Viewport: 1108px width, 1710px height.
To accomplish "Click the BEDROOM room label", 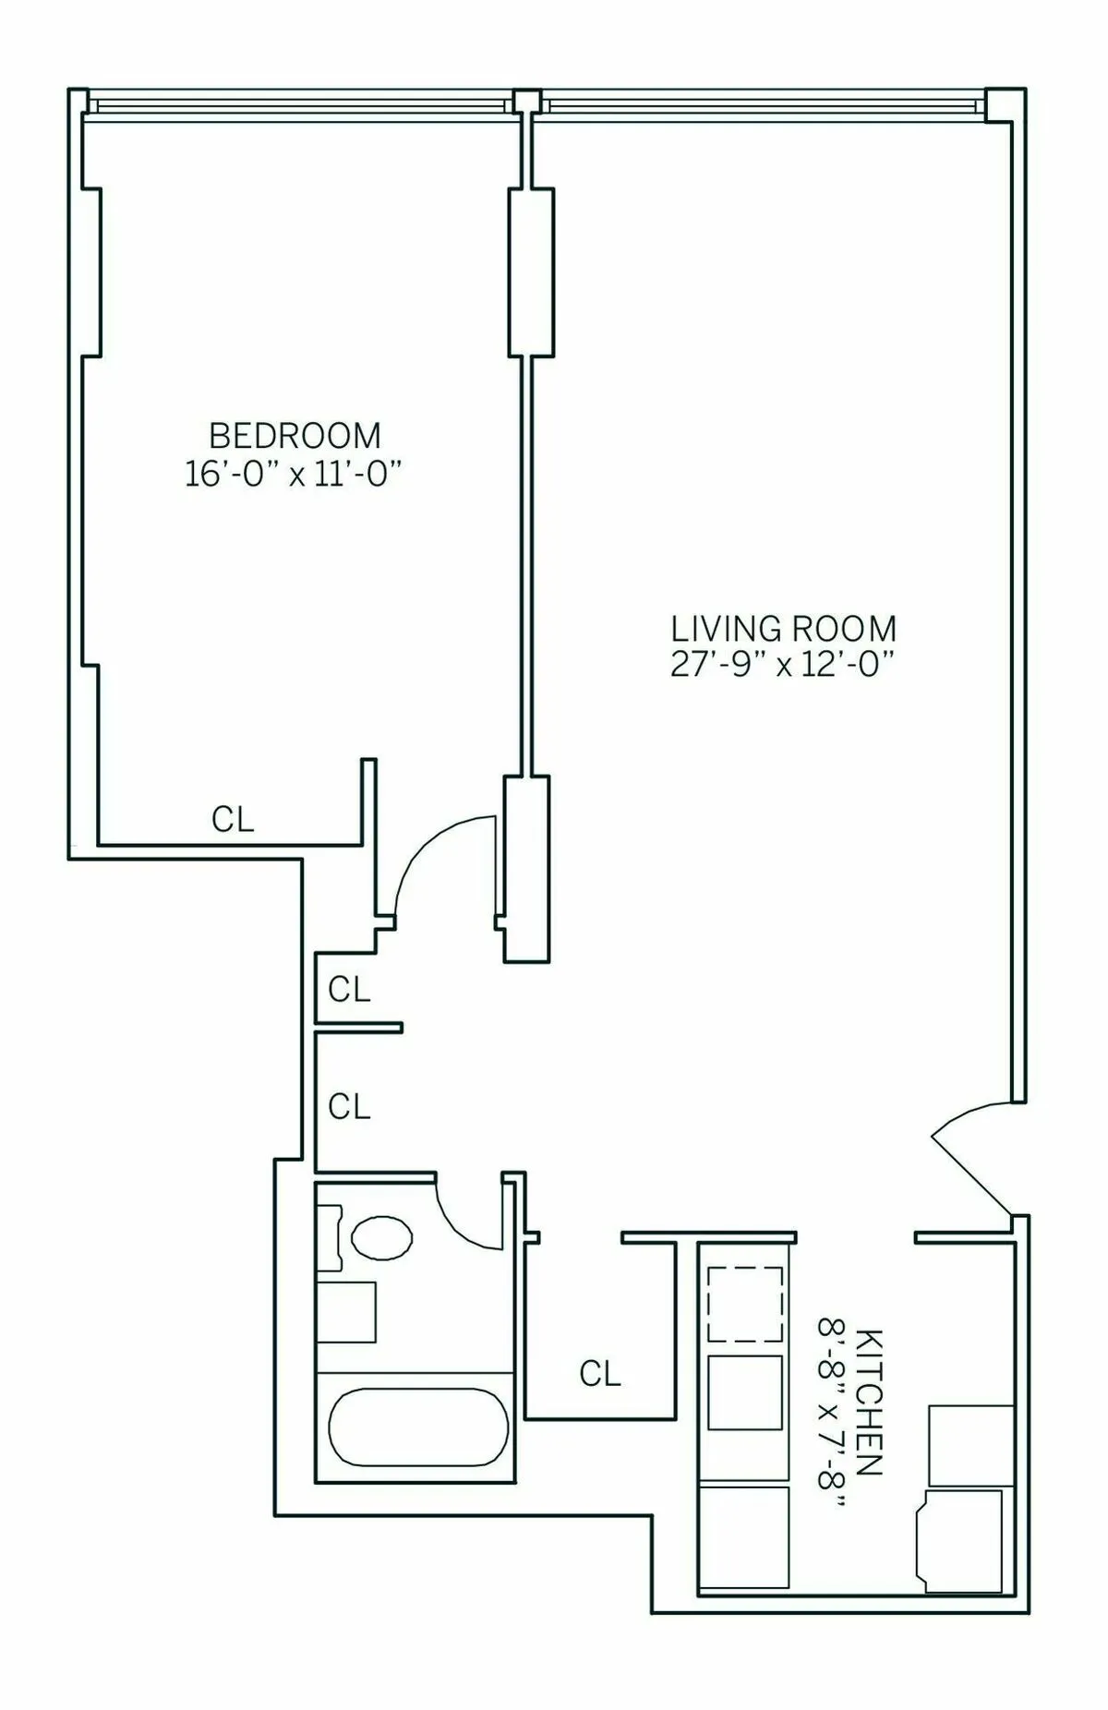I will (295, 435).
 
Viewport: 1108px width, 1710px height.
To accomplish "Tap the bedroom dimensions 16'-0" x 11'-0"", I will (295, 475).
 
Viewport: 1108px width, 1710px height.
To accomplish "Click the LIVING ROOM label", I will (783, 629).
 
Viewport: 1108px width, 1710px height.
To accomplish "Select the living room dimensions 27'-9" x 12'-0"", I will (783, 665).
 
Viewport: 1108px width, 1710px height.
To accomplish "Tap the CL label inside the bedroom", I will (233, 819).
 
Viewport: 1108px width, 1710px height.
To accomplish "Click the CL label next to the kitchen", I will (600, 1374).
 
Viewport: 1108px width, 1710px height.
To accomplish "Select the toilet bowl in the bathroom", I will (381, 1237).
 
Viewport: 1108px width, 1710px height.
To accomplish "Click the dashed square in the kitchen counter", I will (744, 1304).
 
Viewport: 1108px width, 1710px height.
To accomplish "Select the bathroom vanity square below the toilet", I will (346, 1312).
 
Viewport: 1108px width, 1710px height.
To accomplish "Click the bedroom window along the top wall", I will (300, 106).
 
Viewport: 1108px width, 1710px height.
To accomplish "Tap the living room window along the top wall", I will (762, 106).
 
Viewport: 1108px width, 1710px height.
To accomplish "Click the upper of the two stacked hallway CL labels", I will (349, 990).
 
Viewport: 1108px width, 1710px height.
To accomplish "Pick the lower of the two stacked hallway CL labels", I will (349, 1106).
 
